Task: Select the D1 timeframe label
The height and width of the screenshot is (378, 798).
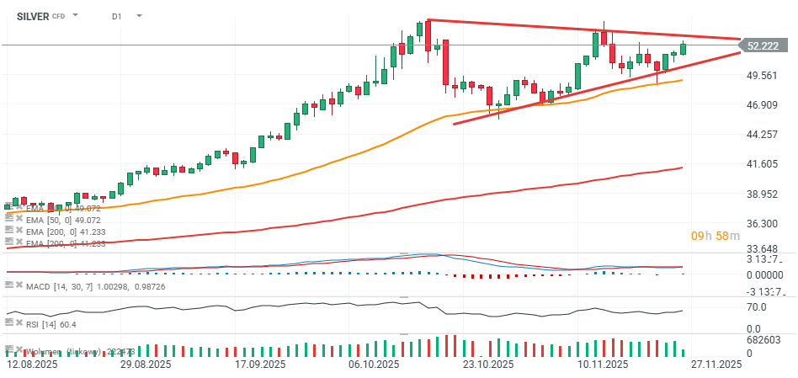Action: pyautogui.click(x=117, y=16)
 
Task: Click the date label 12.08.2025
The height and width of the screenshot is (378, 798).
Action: pyautogui.click(x=32, y=365)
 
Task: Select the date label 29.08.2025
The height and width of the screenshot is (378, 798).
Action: pyautogui.click(x=145, y=365)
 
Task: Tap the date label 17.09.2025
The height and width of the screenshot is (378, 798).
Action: pyautogui.click(x=258, y=365)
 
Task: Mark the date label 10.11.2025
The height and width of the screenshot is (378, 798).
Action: pyautogui.click(x=602, y=365)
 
